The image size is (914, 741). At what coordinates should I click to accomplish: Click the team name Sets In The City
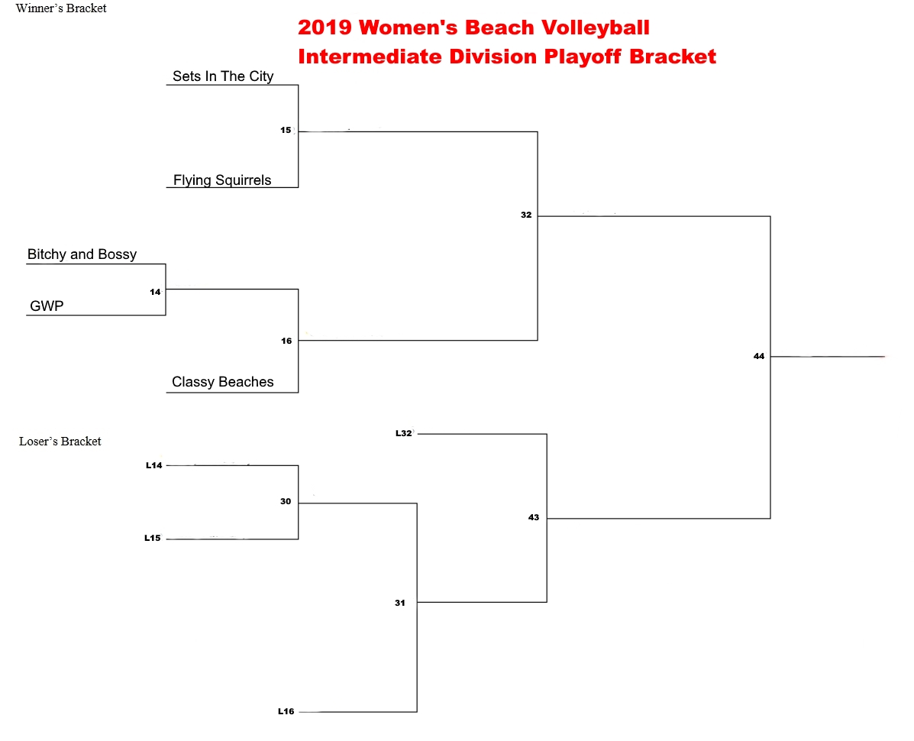click(x=223, y=76)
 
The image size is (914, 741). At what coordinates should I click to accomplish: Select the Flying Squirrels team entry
click(x=222, y=180)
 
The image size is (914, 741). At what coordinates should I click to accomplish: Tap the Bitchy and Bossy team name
click(x=82, y=254)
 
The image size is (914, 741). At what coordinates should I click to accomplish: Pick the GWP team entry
click(x=47, y=306)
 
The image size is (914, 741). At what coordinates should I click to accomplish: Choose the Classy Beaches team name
click(x=223, y=382)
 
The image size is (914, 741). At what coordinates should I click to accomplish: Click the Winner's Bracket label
click(x=61, y=8)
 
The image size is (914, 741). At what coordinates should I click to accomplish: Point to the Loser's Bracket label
click(x=60, y=442)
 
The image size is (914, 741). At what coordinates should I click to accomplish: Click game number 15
click(x=286, y=130)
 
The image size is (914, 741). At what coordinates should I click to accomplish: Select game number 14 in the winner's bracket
click(x=155, y=292)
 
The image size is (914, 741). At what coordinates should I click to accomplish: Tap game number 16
click(x=286, y=341)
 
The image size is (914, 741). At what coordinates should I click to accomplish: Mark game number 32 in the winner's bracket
click(x=526, y=215)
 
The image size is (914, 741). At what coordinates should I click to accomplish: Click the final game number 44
click(x=759, y=356)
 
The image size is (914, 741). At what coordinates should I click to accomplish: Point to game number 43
click(x=534, y=517)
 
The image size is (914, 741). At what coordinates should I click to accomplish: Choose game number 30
click(x=286, y=501)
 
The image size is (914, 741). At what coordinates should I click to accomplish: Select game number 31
click(x=400, y=603)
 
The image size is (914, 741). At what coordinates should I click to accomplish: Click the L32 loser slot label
click(x=404, y=433)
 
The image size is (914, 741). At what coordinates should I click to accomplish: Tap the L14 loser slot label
click(x=154, y=465)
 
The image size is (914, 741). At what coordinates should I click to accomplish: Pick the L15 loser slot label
click(x=153, y=538)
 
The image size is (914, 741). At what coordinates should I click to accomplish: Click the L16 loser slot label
click(x=286, y=711)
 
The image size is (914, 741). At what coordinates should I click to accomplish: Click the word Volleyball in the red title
click(x=595, y=28)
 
